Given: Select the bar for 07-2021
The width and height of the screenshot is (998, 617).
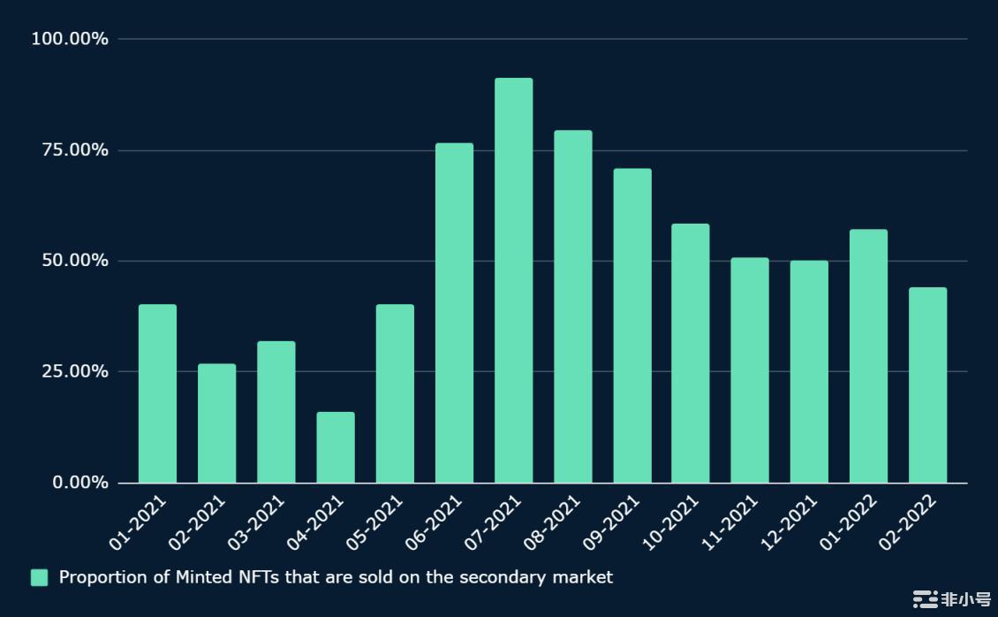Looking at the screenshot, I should [x=513, y=280].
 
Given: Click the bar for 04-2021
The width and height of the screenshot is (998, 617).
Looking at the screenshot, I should [x=336, y=447].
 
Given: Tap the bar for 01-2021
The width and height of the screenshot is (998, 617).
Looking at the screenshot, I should [x=157, y=393].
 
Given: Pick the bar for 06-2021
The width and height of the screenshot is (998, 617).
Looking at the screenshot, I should [x=454, y=313].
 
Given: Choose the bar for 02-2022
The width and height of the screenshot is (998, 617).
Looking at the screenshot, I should [x=927, y=385].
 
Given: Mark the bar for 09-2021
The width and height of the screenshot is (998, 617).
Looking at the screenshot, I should [x=632, y=325].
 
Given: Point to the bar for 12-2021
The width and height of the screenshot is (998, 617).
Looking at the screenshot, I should [x=809, y=371].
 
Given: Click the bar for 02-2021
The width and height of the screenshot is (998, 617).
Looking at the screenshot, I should [x=216, y=423].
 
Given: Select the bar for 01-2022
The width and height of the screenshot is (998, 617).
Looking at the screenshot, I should [x=868, y=355].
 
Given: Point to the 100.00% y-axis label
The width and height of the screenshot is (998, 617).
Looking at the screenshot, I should [x=70, y=39].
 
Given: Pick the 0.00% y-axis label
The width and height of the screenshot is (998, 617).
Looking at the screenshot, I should [x=80, y=483].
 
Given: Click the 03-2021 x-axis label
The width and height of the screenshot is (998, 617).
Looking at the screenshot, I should [x=257, y=523].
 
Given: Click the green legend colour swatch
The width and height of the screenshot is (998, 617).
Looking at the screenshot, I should [x=39, y=577].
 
